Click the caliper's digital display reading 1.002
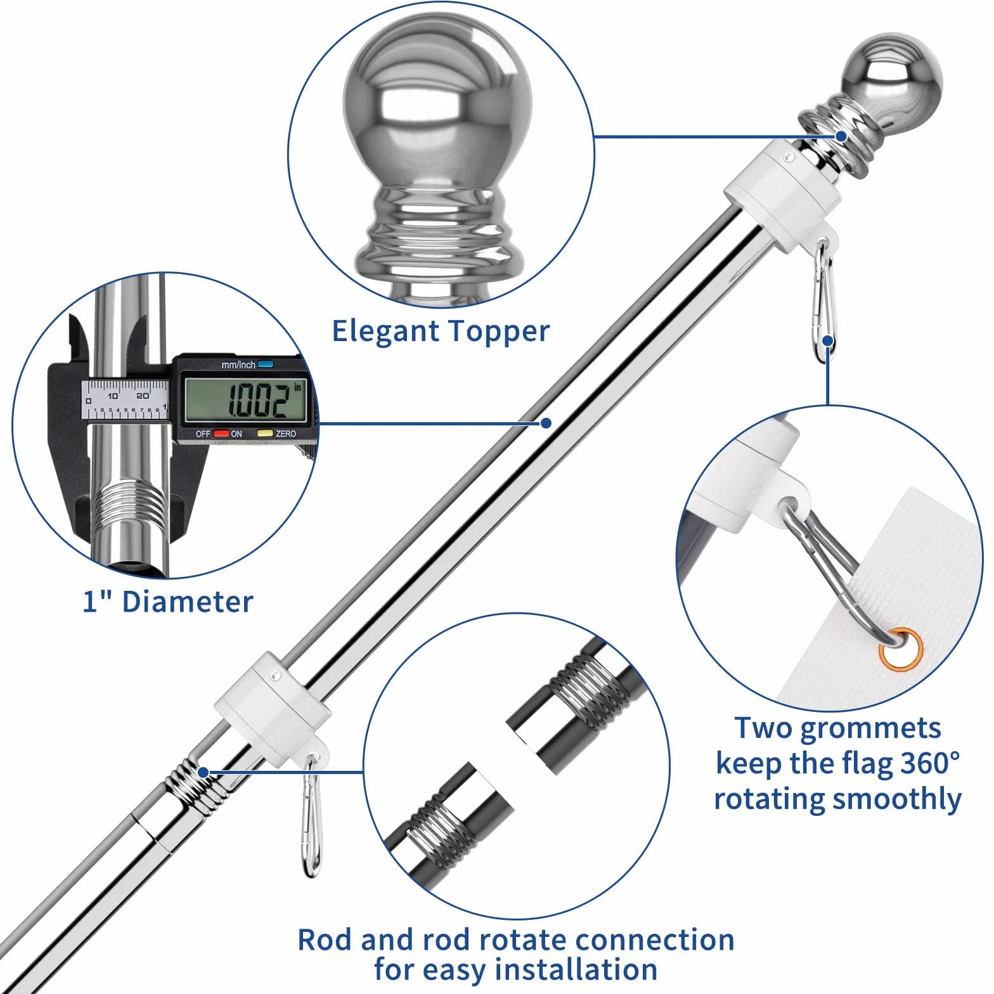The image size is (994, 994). [245, 399]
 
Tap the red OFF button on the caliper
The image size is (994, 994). [221, 434]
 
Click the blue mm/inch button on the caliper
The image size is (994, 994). [266, 365]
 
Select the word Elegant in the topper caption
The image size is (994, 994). [385, 332]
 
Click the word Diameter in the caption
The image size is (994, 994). [188, 602]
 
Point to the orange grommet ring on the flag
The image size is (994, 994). [901, 649]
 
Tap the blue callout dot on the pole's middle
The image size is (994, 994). [546, 423]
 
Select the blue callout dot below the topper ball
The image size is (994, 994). [841, 136]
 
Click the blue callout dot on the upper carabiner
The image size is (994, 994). [827, 341]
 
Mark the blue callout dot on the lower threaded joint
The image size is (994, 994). [203, 772]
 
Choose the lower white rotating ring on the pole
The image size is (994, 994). [273, 704]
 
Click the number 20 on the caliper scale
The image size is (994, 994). [143, 396]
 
